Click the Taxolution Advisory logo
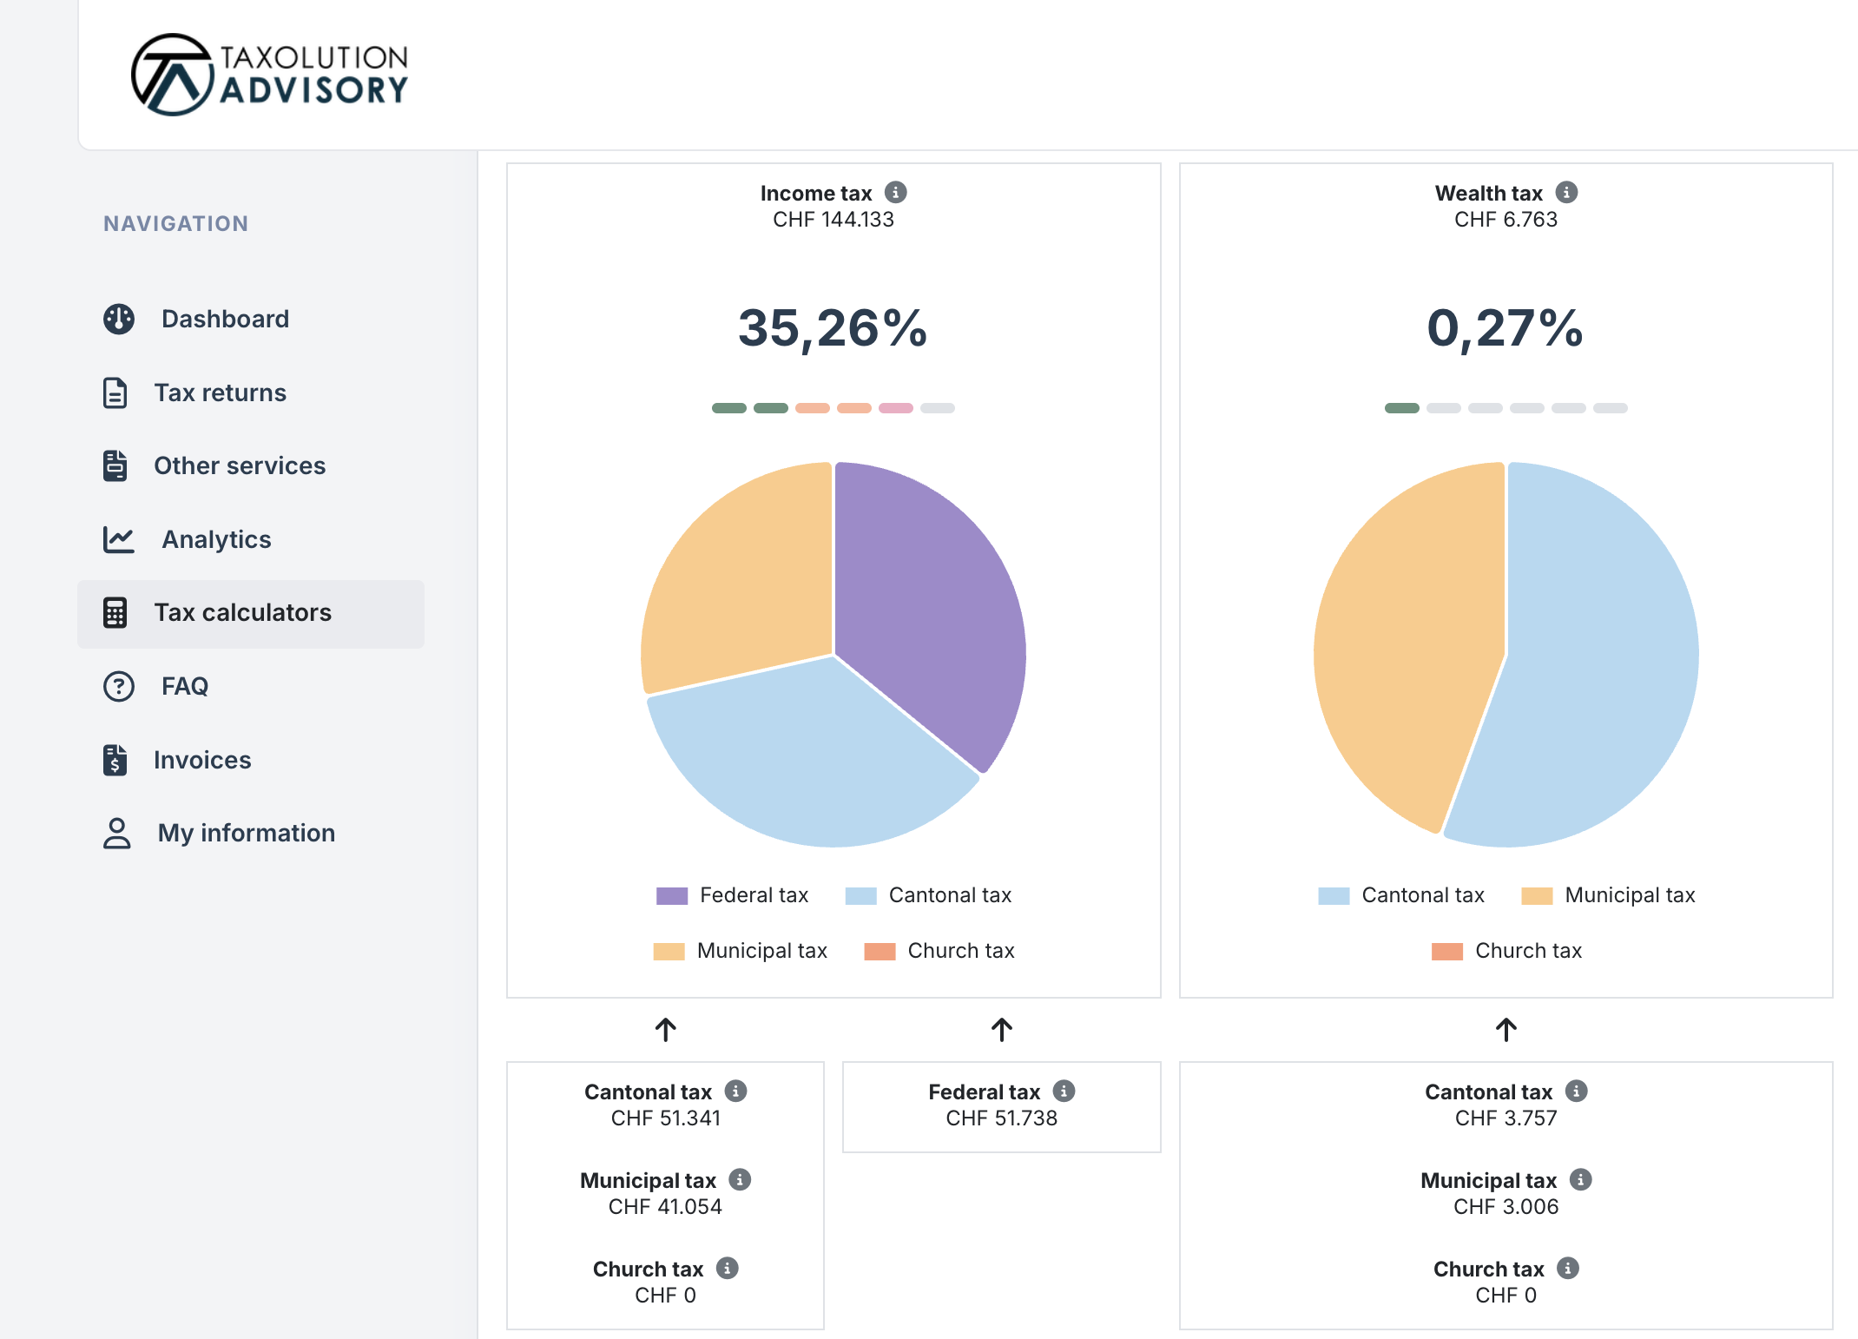(x=269, y=75)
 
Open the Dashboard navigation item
(x=224, y=319)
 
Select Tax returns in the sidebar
(x=220, y=392)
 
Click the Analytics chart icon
(x=119, y=539)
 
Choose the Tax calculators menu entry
(x=242, y=613)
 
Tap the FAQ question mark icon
(x=119, y=686)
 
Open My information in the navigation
(x=246, y=833)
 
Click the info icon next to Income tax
(x=895, y=192)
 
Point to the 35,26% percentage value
(x=833, y=328)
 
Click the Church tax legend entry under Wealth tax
(x=1508, y=951)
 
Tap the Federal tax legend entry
(x=734, y=895)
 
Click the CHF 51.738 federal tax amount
(x=1001, y=1118)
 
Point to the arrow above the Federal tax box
(x=1001, y=1030)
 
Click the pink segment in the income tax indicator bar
(x=895, y=408)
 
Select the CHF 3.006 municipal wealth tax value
(x=1506, y=1207)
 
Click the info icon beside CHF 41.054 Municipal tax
(x=740, y=1179)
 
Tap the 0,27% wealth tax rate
(x=1505, y=328)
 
